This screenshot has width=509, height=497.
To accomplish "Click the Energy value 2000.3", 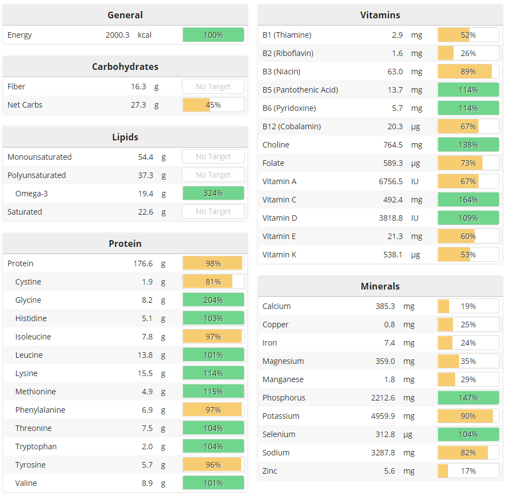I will click(x=117, y=35).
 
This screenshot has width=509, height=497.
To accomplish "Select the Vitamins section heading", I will click(x=380, y=15).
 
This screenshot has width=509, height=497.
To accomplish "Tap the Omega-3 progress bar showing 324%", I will click(x=213, y=194).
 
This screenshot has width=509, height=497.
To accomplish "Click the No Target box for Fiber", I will click(x=213, y=87).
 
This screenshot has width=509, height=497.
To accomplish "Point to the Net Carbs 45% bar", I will click(x=213, y=105).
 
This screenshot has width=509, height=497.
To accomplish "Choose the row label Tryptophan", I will click(x=36, y=447).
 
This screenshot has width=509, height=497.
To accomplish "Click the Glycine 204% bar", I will click(x=213, y=300).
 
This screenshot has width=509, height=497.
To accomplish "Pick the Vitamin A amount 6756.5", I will click(x=390, y=181).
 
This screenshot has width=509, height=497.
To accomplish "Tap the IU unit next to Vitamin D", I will click(x=415, y=218).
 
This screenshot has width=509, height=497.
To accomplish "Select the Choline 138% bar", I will click(x=468, y=145).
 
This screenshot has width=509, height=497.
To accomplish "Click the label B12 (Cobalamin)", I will click(x=292, y=126).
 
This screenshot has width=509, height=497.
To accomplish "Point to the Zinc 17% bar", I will click(x=468, y=471).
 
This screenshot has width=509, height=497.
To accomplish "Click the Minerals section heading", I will click(x=380, y=286).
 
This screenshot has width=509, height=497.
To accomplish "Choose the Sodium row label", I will click(x=276, y=453).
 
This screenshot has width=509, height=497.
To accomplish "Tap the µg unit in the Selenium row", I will click(x=416, y=434).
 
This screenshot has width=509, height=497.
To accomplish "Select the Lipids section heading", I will click(x=125, y=137).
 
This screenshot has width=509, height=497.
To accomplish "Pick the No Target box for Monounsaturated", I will click(x=213, y=157).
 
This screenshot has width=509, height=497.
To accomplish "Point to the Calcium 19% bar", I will click(x=468, y=306).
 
